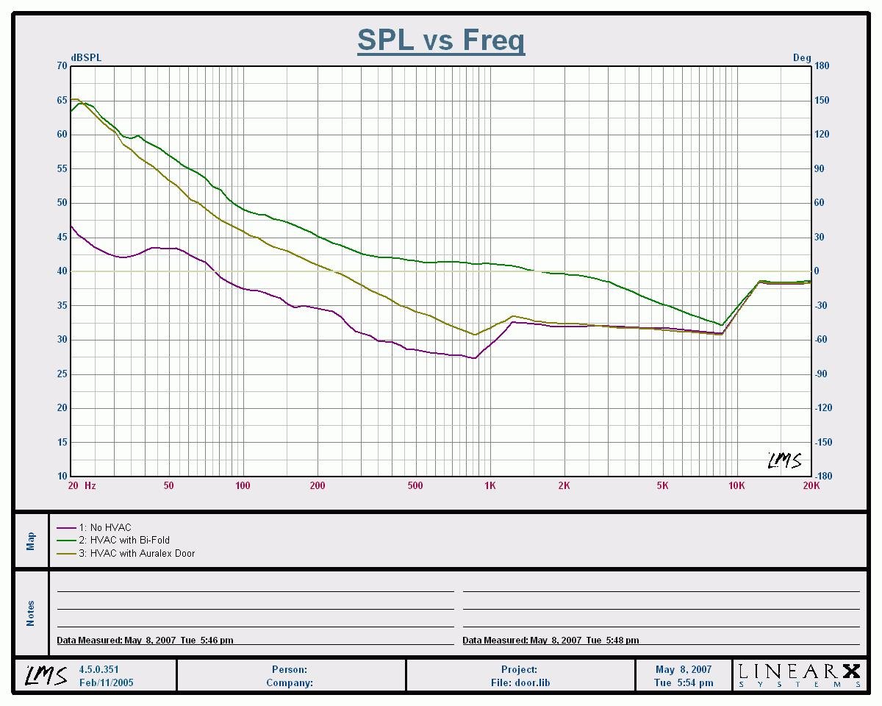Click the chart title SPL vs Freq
(441, 40)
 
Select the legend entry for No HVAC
(110, 527)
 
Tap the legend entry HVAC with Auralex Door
(142, 553)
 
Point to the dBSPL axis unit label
(86, 57)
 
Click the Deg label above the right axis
(801, 57)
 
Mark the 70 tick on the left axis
(61, 66)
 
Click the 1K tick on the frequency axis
(490, 485)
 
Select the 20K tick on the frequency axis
(811, 485)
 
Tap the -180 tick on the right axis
(822, 476)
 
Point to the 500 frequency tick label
(415, 485)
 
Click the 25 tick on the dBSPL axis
(61, 374)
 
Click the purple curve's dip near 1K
(476, 358)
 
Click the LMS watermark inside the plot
(784, 460)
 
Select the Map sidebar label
(31, 541)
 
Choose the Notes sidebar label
(31, 613)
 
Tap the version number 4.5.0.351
(98, 670)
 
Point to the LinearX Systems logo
(799, 674)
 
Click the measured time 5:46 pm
(216, 641)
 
